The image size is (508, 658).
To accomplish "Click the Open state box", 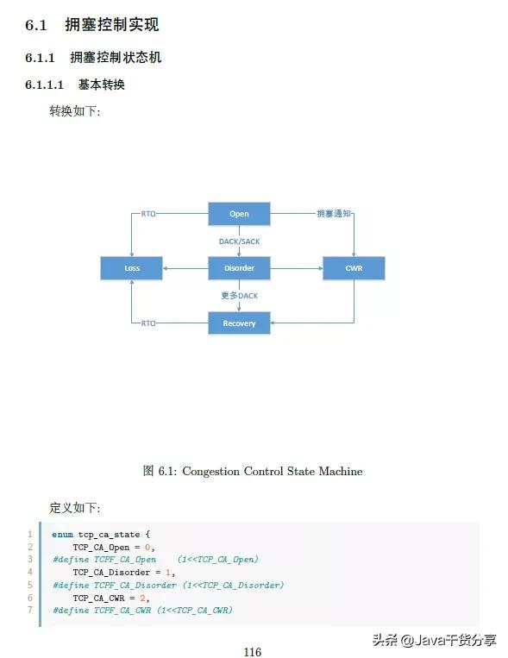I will tap(239, 214).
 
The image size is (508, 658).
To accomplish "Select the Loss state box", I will tap(132, 268).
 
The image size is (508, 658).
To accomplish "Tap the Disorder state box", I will tap(239, 268).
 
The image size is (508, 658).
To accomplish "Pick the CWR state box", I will tap(354, 268).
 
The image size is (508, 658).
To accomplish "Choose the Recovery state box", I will tap(239, 323).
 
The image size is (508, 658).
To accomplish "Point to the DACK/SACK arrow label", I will tap(239, 241).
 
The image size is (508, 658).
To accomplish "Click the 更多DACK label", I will tap(239, 296).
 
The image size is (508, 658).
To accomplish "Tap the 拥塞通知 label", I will tap(334, 213).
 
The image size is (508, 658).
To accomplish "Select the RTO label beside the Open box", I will tap(148, 213).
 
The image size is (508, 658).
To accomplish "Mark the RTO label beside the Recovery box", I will tap(148, 323).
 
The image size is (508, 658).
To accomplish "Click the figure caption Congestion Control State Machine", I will tap(252, 471).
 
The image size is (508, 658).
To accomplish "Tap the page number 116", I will tap(252, 652).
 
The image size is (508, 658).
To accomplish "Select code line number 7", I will tap(29, 610).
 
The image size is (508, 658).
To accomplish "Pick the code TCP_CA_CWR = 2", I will tap(105, 597).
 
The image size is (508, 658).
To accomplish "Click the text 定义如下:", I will tap(75, 507).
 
